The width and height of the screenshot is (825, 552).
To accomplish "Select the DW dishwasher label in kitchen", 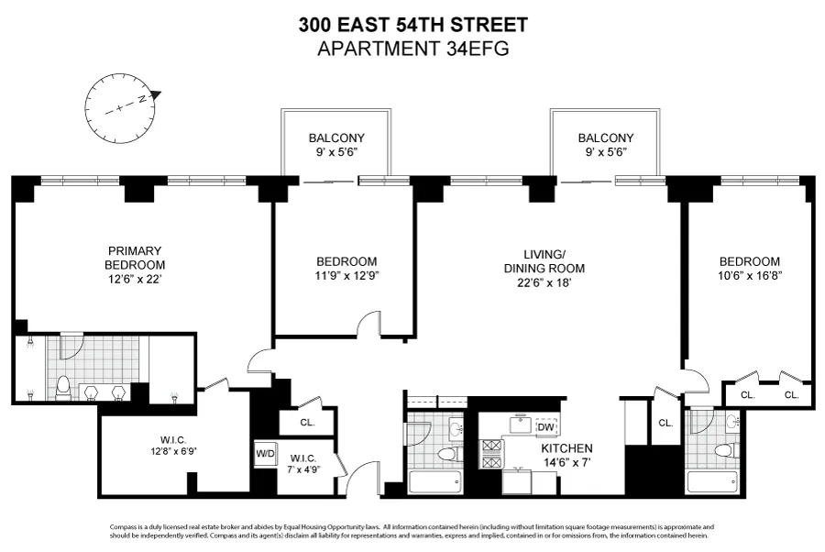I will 545,426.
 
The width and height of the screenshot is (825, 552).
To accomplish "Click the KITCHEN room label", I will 566,448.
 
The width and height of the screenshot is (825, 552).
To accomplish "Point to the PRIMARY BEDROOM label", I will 135,258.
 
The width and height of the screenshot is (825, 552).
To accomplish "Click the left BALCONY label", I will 336,138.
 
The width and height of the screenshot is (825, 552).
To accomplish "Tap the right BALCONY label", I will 605,138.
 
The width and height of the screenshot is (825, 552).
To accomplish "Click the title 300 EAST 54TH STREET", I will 412,25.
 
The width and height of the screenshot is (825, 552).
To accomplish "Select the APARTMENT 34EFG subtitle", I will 412,47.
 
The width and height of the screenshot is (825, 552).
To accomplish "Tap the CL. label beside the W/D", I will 307,423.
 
